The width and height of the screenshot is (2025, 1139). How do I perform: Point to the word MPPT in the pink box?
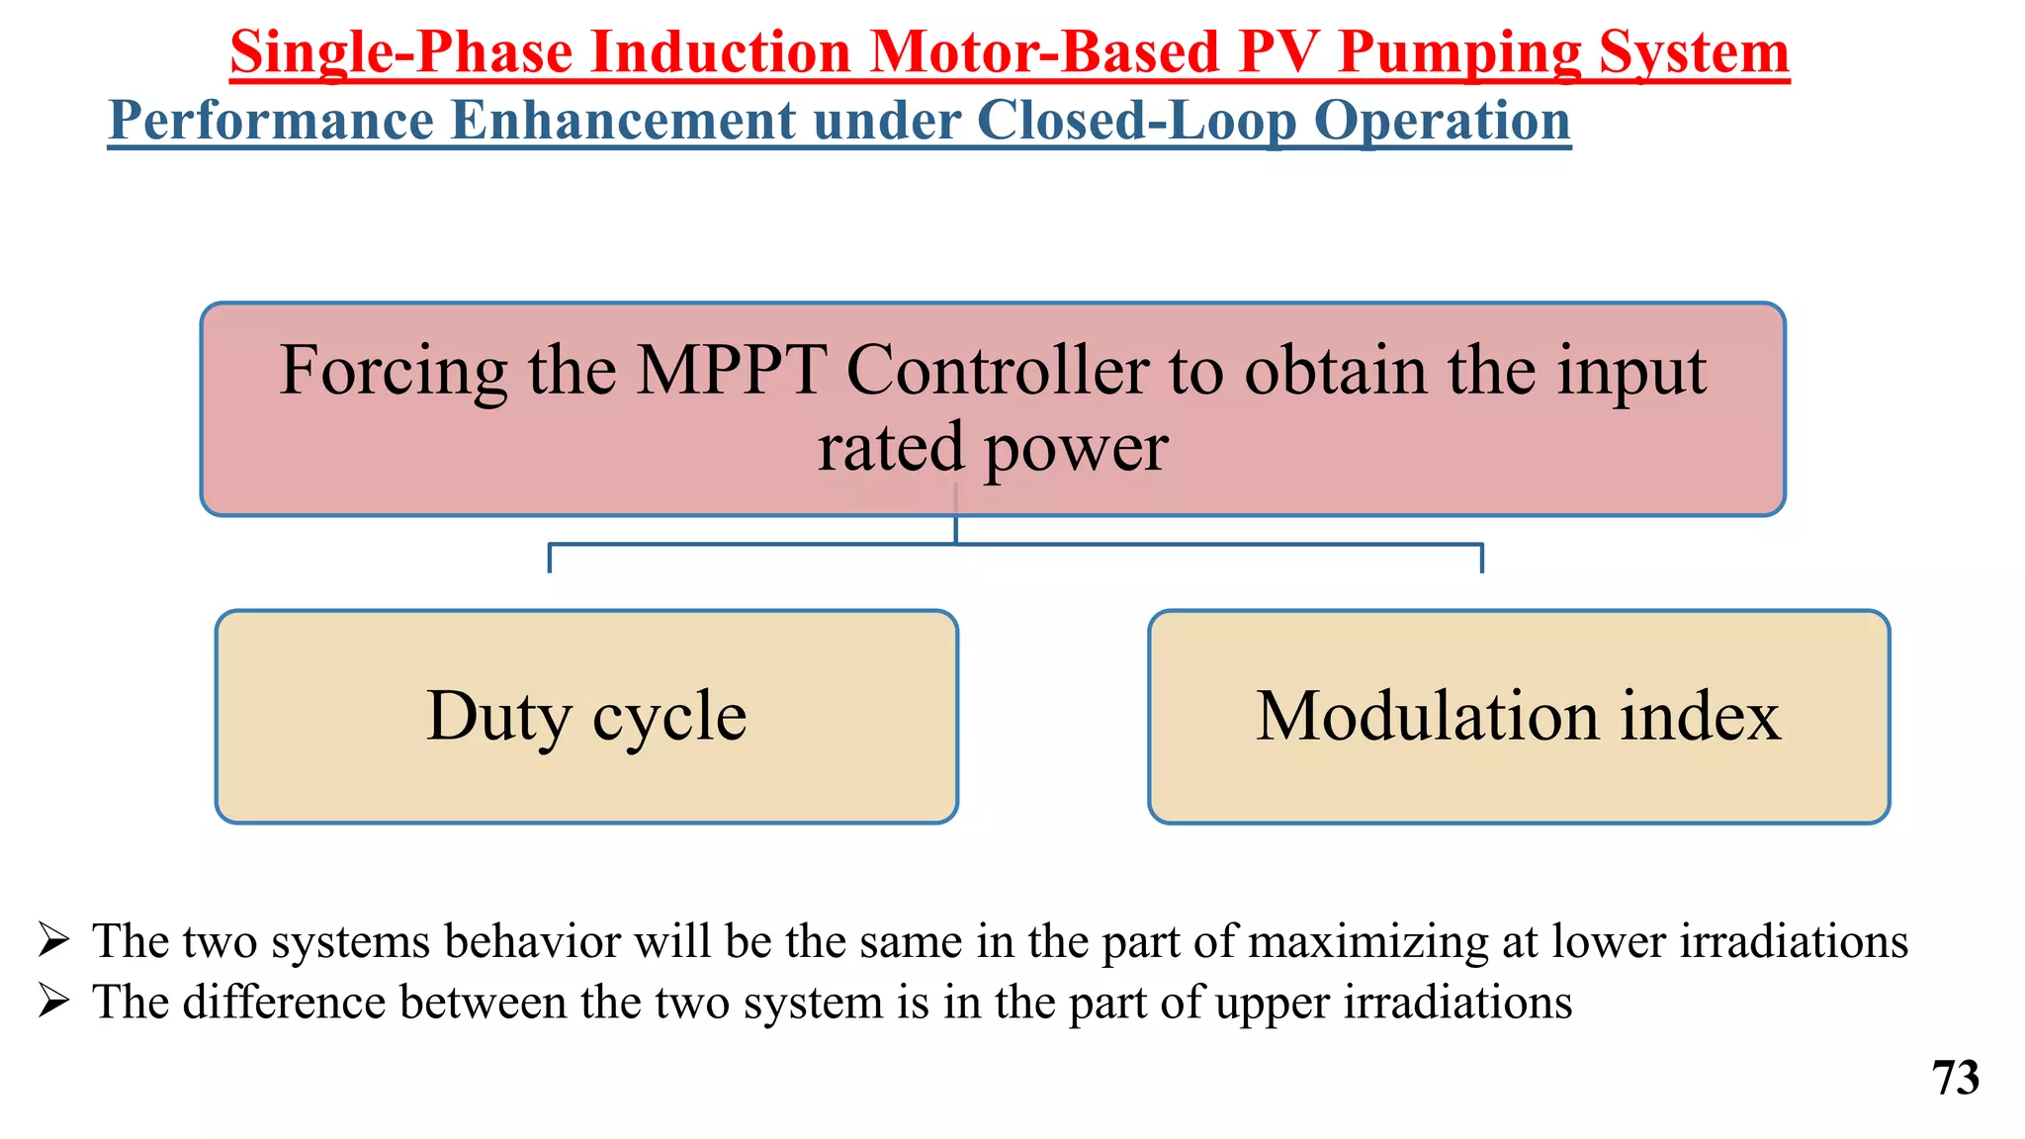point(730,371)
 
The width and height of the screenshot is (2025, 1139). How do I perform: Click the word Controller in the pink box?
point(997,371)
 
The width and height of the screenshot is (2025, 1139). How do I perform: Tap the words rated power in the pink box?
point(993,447)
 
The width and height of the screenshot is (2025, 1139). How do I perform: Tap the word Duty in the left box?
point(499,716)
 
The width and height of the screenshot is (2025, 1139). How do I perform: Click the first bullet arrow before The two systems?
point(53,939)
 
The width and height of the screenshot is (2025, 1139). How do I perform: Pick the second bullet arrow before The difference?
point(53,1002)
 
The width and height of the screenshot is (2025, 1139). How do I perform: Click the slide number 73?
point(1955,1078)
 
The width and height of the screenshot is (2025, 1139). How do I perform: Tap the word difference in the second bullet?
point(285,1003)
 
